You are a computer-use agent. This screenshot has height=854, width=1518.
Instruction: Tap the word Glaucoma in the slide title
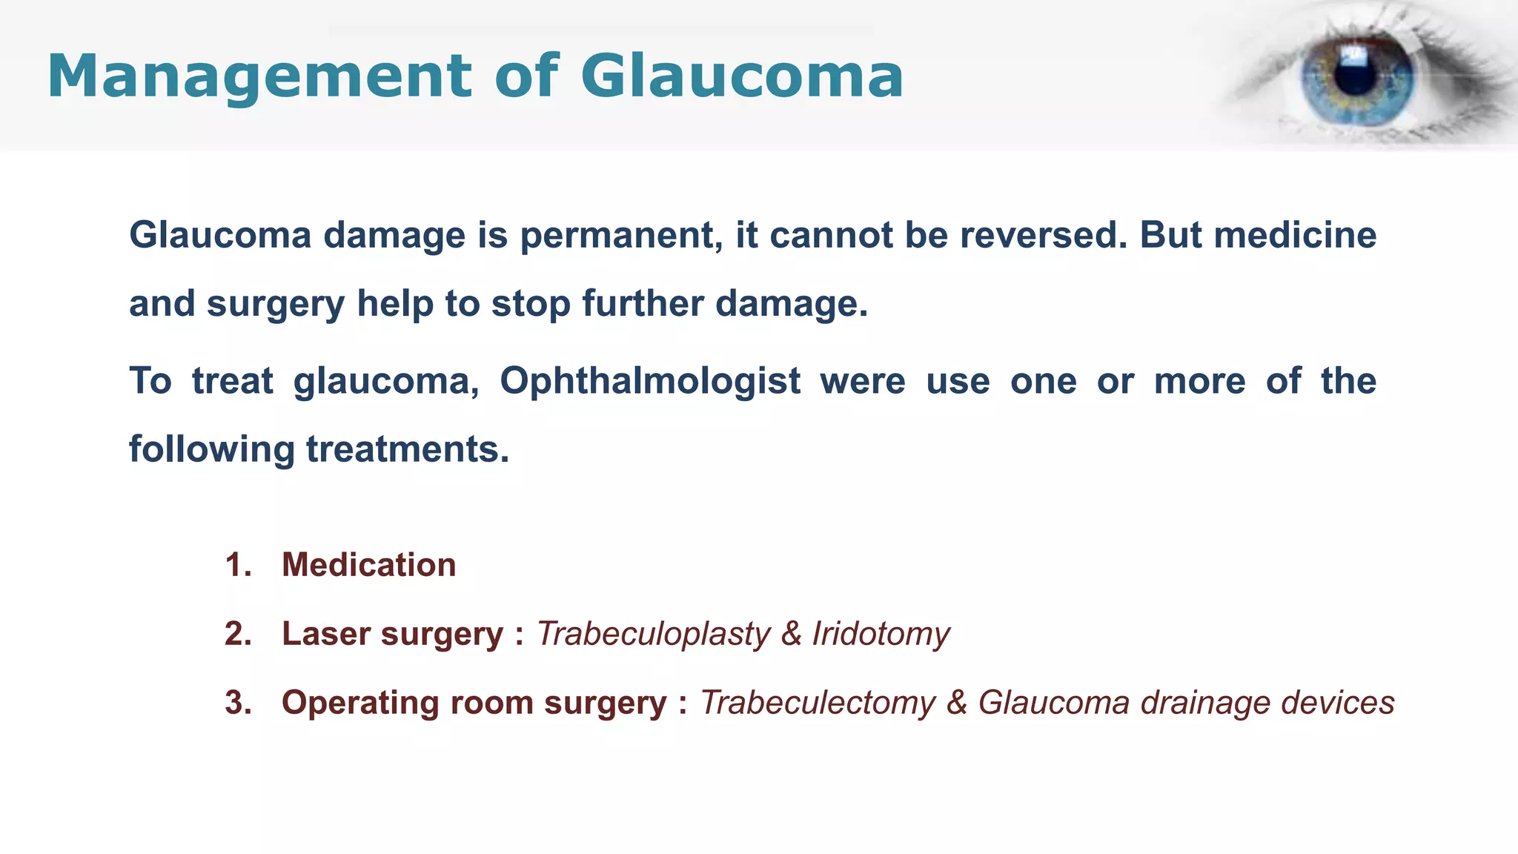click(x=742, y=76)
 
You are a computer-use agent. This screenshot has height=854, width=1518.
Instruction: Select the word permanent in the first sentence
click(x=621, y=235)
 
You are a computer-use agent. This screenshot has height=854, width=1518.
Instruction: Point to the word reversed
click(x=1044, y=235)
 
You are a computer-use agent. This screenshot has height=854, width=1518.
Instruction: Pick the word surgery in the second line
click(x=276, y=304)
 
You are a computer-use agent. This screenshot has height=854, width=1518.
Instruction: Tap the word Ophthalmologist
click(x=650, y=381)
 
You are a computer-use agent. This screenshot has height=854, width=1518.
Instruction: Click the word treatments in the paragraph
click(x=408, y=449)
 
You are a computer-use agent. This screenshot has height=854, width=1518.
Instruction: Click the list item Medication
click(x=369, y=565)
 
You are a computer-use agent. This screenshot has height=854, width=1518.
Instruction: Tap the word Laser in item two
click(x=326, y=634)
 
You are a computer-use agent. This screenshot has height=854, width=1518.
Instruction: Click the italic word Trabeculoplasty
click(x=653, y=634)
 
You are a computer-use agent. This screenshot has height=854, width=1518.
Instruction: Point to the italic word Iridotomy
click(x=881, y=634)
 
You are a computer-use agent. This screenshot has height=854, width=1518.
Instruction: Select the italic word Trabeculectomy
click(x=818, y=703)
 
